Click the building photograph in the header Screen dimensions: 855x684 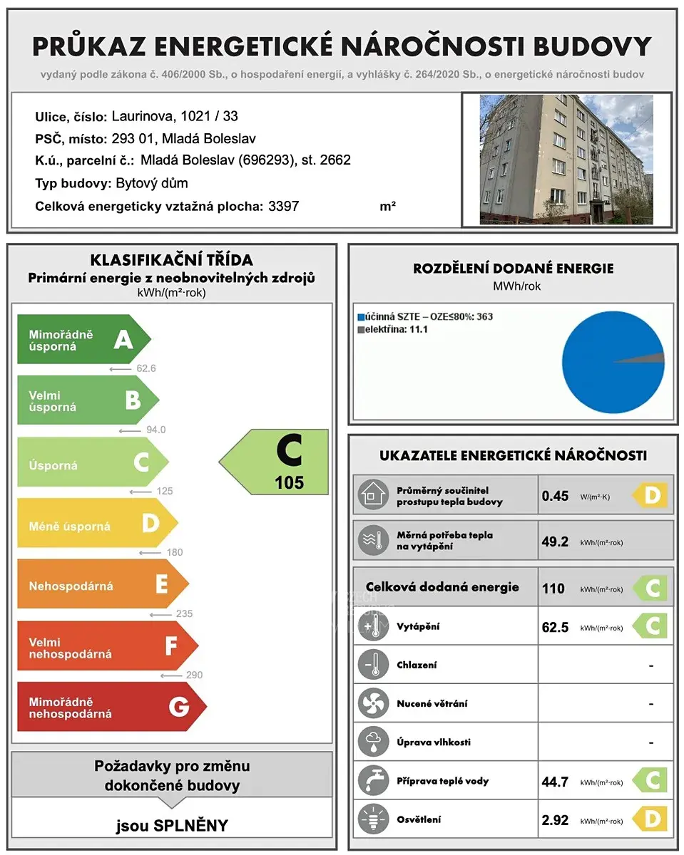(566, 160)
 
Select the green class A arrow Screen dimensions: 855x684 (83, 340)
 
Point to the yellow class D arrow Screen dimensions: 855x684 (96, 524)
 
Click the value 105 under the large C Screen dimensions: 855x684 (289, 483)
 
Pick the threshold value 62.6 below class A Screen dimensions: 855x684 (146, 368)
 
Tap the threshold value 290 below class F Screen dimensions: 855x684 (193, 675)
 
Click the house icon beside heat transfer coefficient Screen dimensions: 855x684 (373, 495)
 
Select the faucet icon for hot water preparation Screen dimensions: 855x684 (373, 781)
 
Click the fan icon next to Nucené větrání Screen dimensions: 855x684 (373, 704)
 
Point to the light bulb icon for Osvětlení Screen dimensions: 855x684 (373, 819)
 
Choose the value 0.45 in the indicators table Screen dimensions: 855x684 (555, 496)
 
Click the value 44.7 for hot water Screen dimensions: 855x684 (555, 782)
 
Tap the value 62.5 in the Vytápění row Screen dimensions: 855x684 (555, 628)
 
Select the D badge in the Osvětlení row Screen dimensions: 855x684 (651, 819)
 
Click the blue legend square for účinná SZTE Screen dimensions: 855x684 (362, 317)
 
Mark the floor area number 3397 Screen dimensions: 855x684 (283, 207)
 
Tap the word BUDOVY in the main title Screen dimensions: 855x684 (602, 46)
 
